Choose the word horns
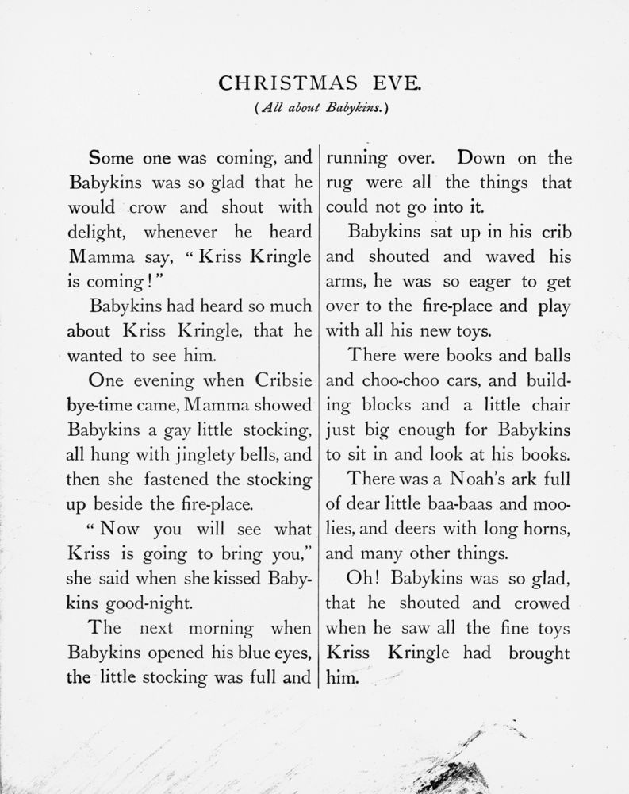click(x=546, y=530)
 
